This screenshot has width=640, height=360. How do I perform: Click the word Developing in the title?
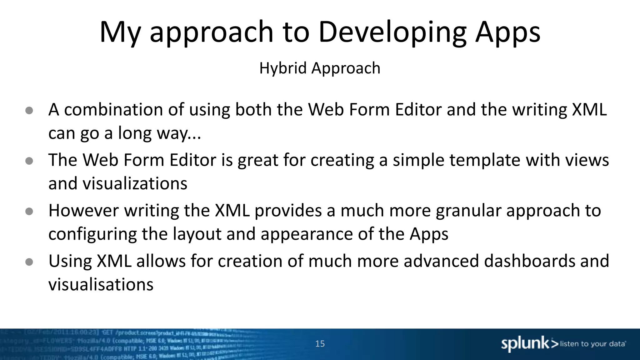[392, 32]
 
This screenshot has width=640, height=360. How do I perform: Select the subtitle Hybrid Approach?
[320, 68]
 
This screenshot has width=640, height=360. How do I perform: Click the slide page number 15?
[320, 344]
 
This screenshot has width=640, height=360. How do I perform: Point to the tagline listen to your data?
[593, 344]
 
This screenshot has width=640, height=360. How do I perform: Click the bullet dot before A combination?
[29, 110]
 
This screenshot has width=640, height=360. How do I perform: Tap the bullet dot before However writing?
[29, 212]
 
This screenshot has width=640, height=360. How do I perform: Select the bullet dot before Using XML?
[29, 262]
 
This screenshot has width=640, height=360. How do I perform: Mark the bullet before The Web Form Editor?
[29, 161]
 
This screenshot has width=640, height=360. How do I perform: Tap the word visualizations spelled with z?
[135, 183]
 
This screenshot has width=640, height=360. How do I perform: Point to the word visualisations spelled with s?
[101, 285]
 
